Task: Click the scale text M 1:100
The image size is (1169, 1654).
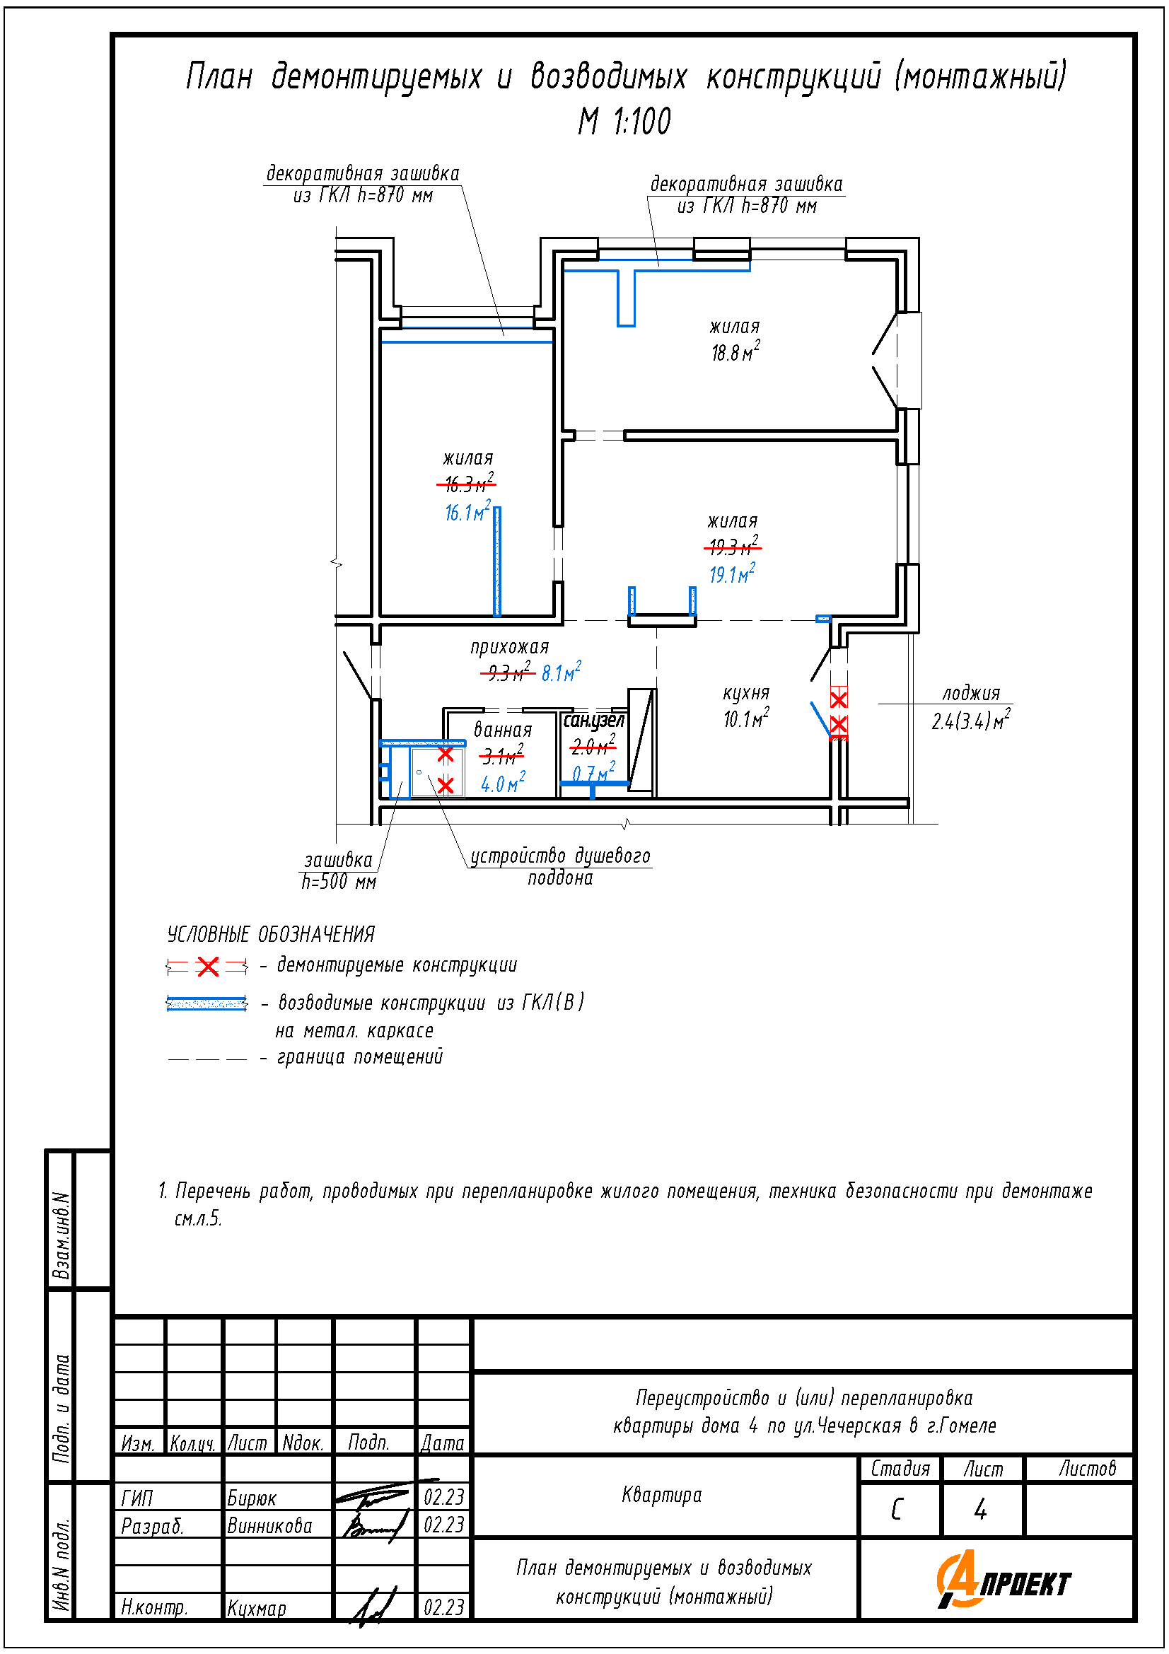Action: click(624, 121)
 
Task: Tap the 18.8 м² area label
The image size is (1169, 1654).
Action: click(735, 351)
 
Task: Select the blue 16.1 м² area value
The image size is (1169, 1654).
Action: click(467, 511)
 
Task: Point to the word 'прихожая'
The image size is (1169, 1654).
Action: click(509, 647)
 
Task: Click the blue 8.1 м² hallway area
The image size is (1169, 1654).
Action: click(561, 671)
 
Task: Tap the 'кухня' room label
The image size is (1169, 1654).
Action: click(746, 693)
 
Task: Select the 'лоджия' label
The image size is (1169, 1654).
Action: click(971, 693)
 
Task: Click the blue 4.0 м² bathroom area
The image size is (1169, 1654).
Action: click(503, 782)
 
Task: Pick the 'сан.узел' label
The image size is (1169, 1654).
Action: click(593, 721)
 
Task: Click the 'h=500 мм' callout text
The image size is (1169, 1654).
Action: click(339, 882)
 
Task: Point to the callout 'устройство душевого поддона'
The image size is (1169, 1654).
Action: click(560, 867)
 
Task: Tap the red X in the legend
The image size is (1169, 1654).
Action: click(207, 966)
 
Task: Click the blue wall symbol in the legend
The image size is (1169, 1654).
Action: click(207, 1003)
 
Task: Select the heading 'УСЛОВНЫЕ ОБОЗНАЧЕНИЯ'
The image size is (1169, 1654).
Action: click(271, 934)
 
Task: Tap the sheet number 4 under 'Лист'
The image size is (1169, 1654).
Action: click(980, 1509)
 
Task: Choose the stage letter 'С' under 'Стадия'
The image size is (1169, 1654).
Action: click(897, 1509)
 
